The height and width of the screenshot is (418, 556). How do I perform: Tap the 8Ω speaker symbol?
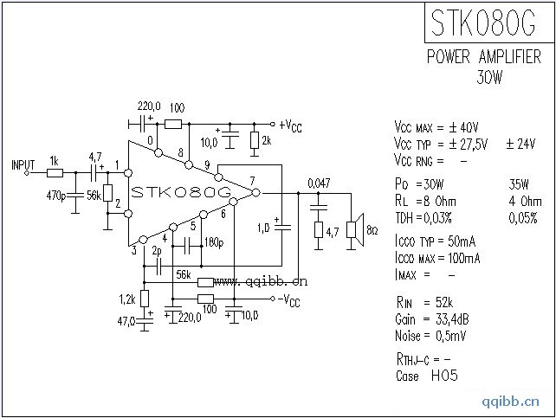(352, 229)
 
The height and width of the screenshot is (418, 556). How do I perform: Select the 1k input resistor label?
(54, 161)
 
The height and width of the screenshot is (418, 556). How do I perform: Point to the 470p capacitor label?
(56, 196)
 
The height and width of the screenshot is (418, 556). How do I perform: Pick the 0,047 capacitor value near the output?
(319, 183)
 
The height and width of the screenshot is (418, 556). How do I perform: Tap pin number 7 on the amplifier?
(251, 181)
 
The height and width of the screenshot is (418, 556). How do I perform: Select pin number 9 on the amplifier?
(207, 165)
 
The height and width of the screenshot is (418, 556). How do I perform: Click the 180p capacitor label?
(214, 241)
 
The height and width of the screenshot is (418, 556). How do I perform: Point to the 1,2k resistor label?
(126, 299)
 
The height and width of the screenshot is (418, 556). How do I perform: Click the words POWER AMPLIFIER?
(484, 57)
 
